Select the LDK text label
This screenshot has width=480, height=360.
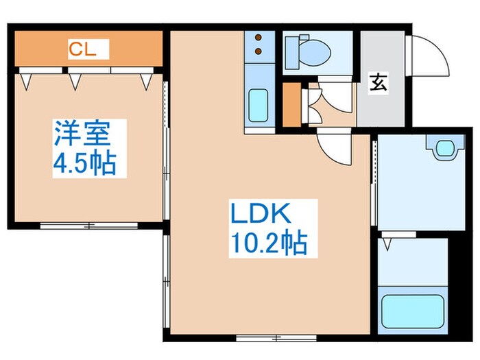tap(261, 214)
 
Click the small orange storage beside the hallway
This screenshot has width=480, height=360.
tap(292, 106)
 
